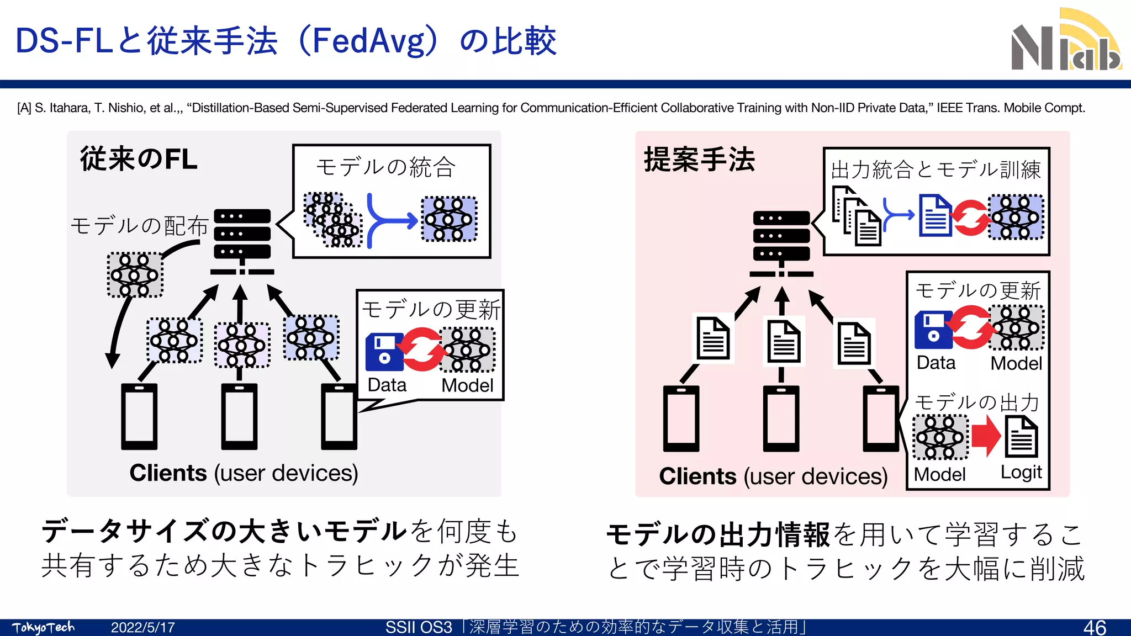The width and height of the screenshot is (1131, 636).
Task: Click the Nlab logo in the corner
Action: tap(1066, 41)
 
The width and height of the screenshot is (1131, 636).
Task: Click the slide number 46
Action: tap(1094, 627)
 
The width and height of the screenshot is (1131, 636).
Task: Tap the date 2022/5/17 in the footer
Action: tap(142, 628)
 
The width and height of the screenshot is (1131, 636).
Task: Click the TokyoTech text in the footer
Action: tap(43, 628)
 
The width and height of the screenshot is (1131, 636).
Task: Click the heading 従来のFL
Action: tap(139, 159)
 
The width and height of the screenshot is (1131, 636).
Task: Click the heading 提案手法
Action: tap(699, 160)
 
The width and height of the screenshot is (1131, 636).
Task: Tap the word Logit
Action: tap(1021, 473)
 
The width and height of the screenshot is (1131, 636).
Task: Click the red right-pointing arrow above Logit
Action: tap(986, 436)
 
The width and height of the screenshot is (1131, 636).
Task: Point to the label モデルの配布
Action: tap(139, 226)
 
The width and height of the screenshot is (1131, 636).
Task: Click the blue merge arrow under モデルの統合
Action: tap(389, 220)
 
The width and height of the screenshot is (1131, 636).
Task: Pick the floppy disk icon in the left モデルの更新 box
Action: tap(384, 352)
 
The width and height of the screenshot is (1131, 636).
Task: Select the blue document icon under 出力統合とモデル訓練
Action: tap(935, 216)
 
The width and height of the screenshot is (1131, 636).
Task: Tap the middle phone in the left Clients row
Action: tap(239, 416)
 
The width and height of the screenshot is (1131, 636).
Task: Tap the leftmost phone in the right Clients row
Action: tap(681, 418)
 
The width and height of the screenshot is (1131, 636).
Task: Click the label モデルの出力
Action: tap(977, 402)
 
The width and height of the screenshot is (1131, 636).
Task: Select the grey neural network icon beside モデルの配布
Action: tap(135, 275)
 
